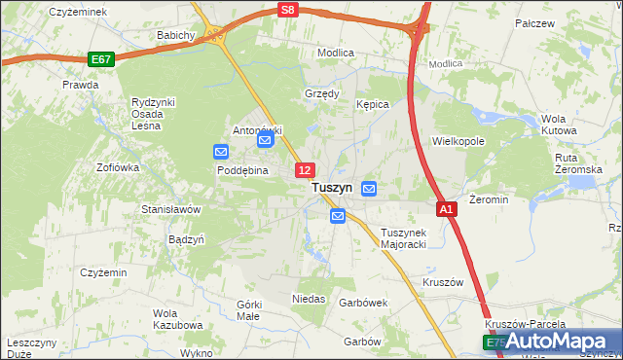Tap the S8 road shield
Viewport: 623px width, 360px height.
[x=286, y=9]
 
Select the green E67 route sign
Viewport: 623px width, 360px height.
[x=100, y=59]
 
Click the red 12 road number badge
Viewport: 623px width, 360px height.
[x=305, y=170]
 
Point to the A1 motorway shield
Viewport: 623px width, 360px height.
[x=446, y=209]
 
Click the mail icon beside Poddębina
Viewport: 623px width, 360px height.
[x=221, y=152]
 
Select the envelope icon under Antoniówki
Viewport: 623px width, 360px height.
[x=266, y=141]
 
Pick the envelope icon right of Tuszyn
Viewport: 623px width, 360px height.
[x=370, y=188]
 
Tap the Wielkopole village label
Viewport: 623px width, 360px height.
[x=458, y=141]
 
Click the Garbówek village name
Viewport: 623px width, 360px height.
[x=363, y=303]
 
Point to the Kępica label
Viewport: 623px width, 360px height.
[x=373, y=103]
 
